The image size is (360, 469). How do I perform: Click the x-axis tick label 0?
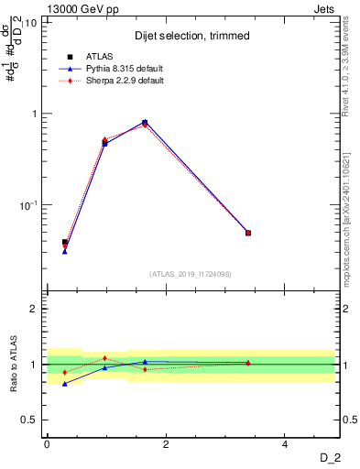pyautogui.click(x=47, y=443)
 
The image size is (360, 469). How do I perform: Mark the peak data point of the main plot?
pyautogui.click(x=145, y=122)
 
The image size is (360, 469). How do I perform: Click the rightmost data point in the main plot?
pyautogui.click(x=248, y=233)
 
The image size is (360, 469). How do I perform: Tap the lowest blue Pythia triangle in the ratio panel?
pyautogui.click(x=64, y=384)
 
